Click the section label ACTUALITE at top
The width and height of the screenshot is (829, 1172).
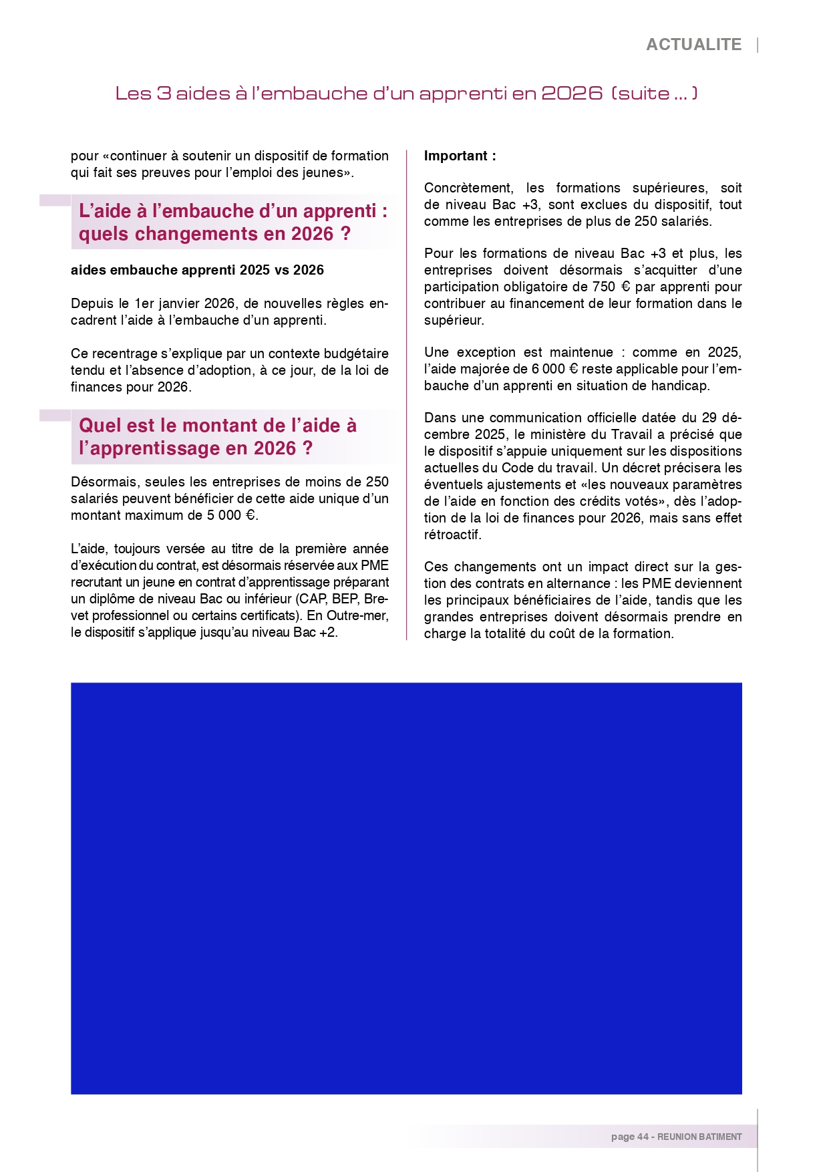click(693, 45)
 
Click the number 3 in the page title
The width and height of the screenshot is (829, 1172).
click(164, 93)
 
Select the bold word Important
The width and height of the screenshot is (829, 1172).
click(456, 156)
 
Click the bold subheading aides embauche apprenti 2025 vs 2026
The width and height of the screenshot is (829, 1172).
click(197, 270)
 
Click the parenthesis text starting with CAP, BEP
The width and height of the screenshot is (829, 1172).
click(341, 599)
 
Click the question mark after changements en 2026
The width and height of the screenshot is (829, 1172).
click(345, 234)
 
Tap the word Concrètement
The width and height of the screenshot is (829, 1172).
click(468, 188)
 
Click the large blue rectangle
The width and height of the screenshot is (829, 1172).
click(406, 888)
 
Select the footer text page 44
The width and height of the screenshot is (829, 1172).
click(629, 1137)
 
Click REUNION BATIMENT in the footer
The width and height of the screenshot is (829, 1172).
click(699, 1137)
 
